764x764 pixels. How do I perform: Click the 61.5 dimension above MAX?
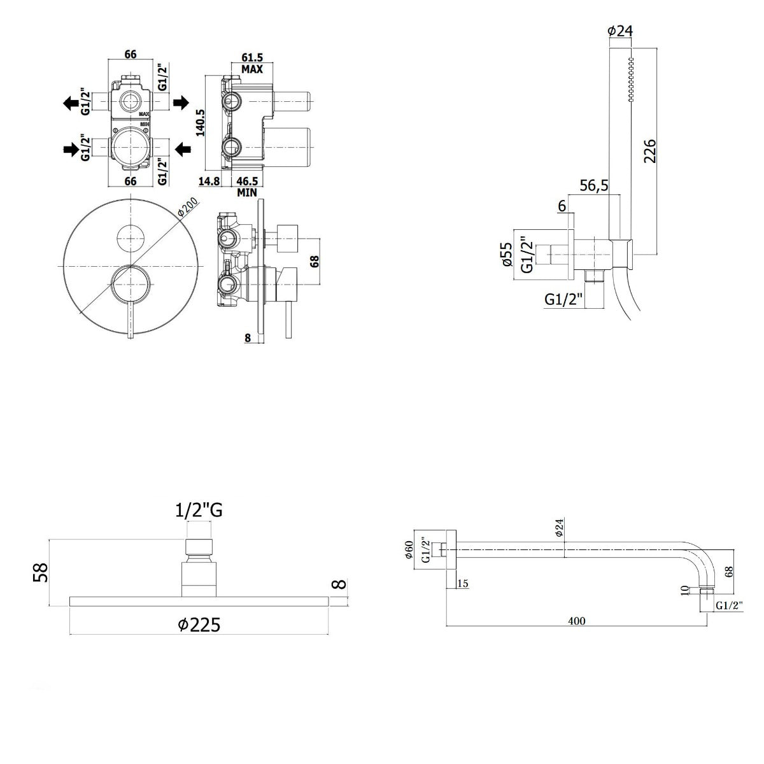pyautogui.click(x=253, y=57)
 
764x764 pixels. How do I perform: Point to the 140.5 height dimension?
pyautogui.click(x=199, y=123)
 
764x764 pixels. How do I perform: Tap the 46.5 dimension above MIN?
pyautogui.click(x=246, y=181)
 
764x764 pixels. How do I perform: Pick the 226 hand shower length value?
pyautogui.click(x=649, y=151)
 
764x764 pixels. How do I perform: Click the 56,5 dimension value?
pyautogui.click(x=594, y=185)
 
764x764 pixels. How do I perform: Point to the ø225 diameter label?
pyautogui.click(x=199, y=625)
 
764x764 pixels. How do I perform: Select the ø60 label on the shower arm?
pyautogui.click(x=409, y=549)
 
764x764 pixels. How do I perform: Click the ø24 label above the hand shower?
pyautogui.click(x=619, y=30)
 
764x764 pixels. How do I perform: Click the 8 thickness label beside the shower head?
pyautogui.click(x=341, y=583)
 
